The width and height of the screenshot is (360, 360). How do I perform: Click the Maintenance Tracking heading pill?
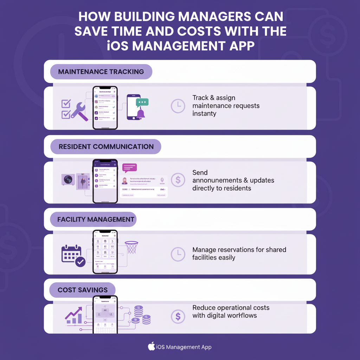click(x=101, y=72)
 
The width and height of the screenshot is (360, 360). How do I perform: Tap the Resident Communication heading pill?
click(x=106, y=147)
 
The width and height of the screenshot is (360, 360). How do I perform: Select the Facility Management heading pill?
click(x=96, y=219)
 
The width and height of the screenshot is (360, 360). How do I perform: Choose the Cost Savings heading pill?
click(x=82, y=290)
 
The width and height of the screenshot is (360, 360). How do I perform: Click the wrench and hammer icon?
click(x=79, y=111)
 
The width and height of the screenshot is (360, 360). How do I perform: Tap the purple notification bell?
click(x=141, y=114)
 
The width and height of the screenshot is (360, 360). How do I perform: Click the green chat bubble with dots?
click(x=142, y=102)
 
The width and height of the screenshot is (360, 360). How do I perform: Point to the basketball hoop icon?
click(x=131, y=247)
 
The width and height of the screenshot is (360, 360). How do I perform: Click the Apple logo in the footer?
click(x=151, y=347)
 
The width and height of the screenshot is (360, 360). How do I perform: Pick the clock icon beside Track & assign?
click(x=178, y=106)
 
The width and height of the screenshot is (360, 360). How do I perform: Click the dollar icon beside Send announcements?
click(x=178, y=180)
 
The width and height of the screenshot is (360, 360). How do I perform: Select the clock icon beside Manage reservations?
click(x=178, y=253)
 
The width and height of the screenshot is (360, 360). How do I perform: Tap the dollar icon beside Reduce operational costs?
click(x=178, y=316)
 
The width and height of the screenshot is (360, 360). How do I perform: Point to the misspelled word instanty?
click(x=204, y=114)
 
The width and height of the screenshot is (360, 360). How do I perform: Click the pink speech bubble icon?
click(x=129, y=168)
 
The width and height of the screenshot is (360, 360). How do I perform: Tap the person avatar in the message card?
click(x=124, y=181)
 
